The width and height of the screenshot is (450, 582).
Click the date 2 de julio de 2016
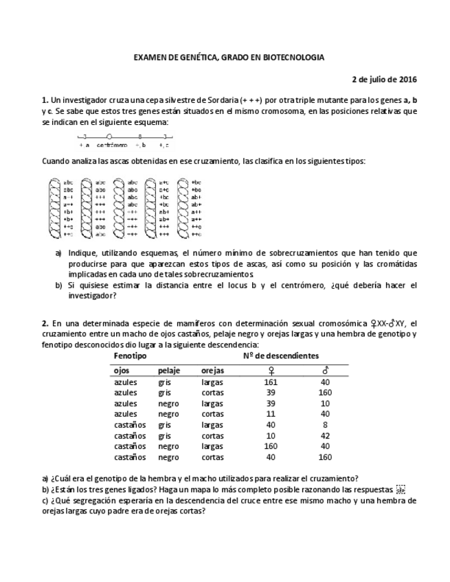384,79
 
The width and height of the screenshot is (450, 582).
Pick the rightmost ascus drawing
183,208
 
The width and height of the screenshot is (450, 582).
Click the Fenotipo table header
130,357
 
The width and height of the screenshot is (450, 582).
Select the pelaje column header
169,371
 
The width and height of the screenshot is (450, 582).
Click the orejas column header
212,371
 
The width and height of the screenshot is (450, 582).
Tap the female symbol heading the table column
270,371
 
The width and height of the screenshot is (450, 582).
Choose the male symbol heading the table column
325,371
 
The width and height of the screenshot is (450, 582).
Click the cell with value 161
270,382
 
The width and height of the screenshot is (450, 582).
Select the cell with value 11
270,415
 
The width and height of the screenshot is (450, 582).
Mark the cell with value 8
325,426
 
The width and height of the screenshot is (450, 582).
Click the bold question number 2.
45,324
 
